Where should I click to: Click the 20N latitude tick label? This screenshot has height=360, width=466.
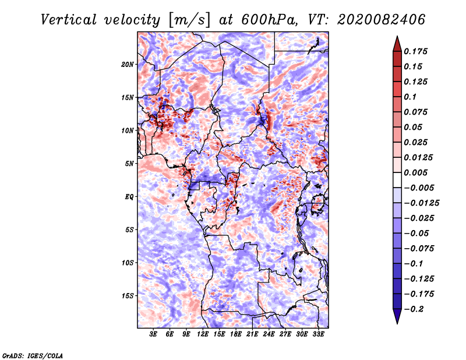click(x=128, y=64)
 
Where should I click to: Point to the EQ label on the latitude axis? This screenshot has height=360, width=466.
click(x=129, y=196)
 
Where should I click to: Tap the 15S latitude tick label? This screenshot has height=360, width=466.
click(x=128, y=295)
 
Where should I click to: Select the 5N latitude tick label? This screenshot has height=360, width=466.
click(x=129, y=163)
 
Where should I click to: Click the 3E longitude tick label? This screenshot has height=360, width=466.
click(x=154, y=334)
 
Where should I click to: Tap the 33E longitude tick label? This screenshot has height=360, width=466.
click(x=318, y=334)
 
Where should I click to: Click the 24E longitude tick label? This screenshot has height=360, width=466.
click(x=269, y=334)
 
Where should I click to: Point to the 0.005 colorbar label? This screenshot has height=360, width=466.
click(x=417, y=172)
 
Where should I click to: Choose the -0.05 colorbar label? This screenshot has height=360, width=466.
click(x=417, y=233)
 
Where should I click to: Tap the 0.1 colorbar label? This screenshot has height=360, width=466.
click(x=411, y=97)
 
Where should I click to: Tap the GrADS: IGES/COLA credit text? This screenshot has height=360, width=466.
click(x=32, y=355)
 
